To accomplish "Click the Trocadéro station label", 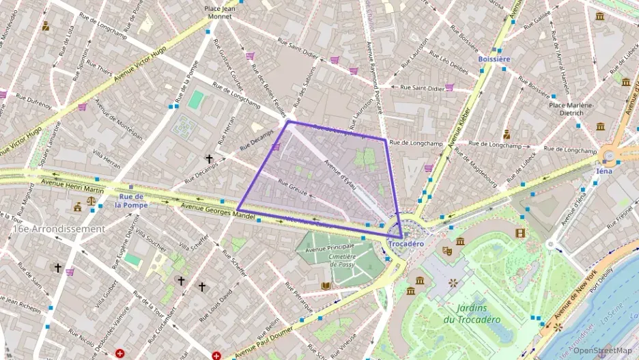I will (406, 244).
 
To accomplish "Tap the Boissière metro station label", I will (494, 59).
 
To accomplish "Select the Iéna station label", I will (604, 171).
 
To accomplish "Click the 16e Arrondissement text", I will (58, 229).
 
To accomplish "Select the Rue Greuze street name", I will (292, 185).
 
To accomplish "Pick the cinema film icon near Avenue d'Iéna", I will (521, 233).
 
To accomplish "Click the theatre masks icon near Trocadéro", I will (447, 251).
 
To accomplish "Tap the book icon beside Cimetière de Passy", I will (326, 285).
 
